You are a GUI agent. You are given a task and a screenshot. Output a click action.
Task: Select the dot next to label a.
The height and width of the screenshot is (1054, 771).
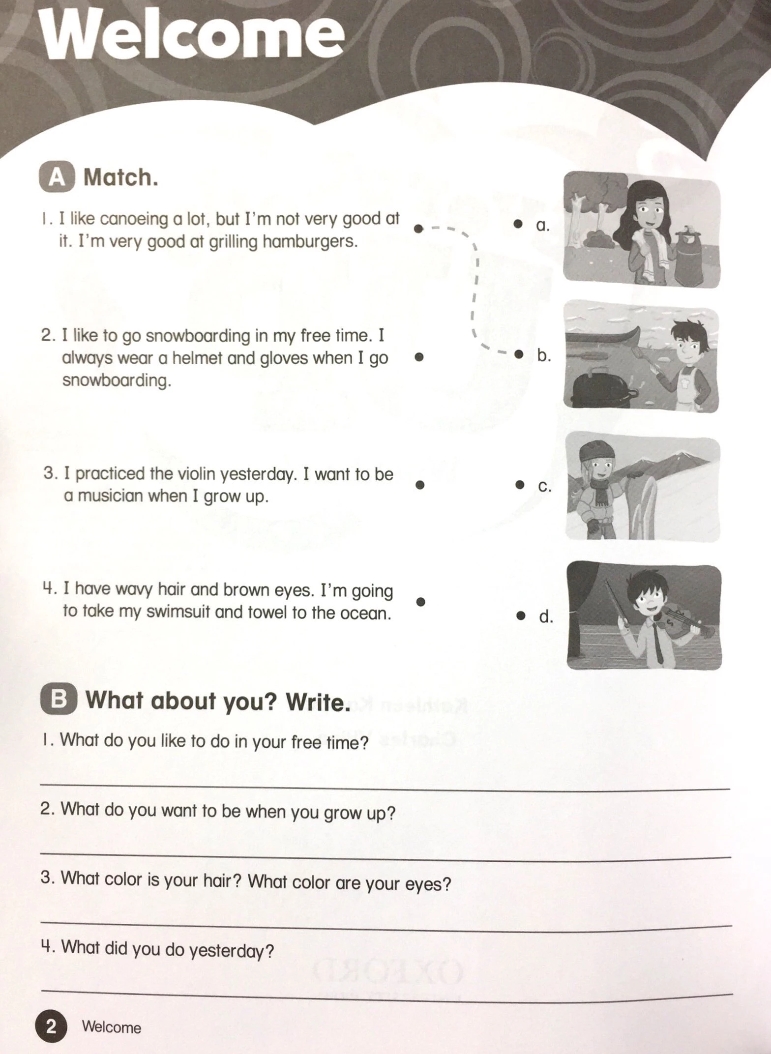[518, 224]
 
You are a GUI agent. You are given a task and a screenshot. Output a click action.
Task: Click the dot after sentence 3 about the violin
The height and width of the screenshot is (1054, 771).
[420, 485]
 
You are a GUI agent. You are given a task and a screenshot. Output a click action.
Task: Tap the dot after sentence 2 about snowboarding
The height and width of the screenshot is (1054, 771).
[419, 357]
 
